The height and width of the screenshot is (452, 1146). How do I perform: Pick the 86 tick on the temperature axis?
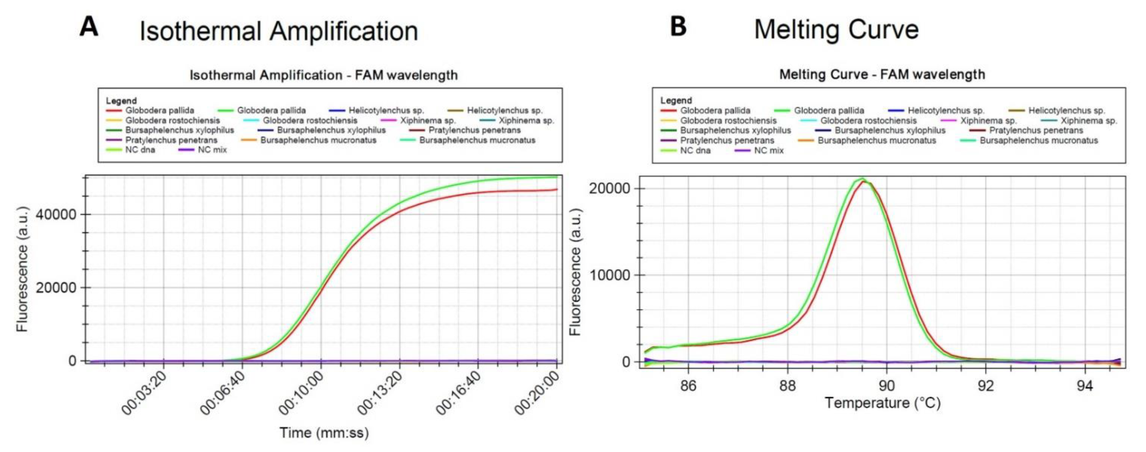(x=688, y=385)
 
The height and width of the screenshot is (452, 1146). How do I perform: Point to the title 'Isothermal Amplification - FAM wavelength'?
(x=324, y=75)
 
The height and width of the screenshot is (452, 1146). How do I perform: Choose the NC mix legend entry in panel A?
(x=212, y=150)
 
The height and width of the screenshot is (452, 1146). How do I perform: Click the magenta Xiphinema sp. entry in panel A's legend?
(x=427, y=120)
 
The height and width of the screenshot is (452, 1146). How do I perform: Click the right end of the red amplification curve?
(x=557, y=189)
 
